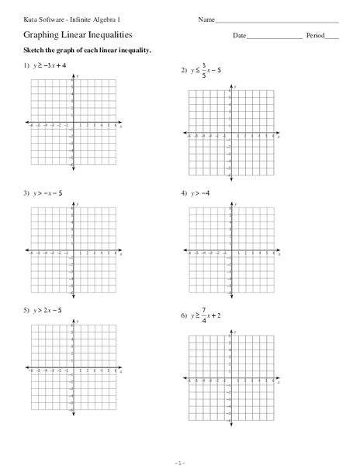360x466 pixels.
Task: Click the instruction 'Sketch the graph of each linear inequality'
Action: coord(86,50)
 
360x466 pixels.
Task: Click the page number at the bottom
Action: coord(179,461)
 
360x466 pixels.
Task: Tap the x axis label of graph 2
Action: coord(280,136)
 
